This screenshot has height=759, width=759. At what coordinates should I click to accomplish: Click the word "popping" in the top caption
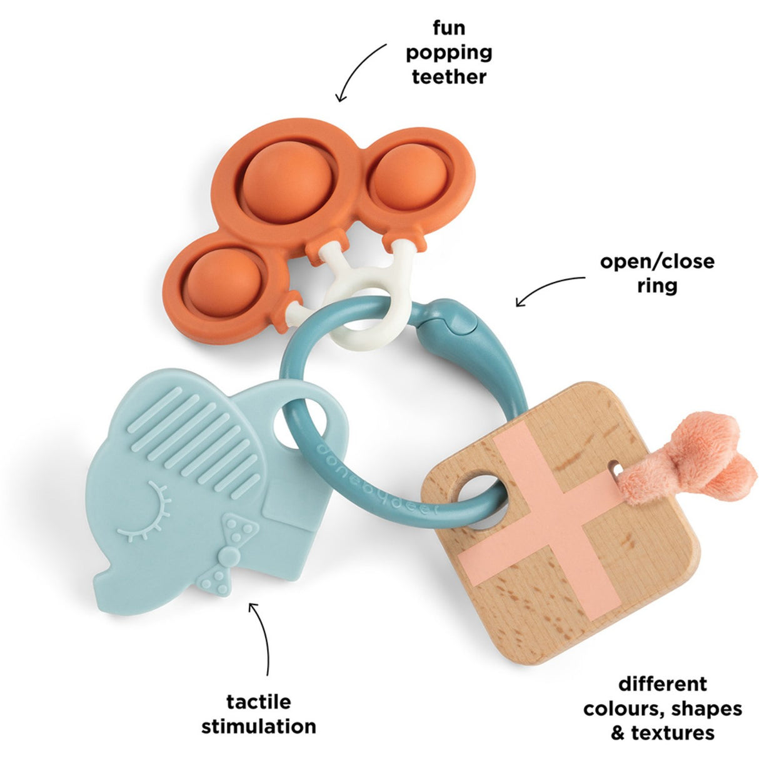pos(449,53)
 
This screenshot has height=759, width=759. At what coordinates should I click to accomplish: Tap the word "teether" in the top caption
pos(449,77)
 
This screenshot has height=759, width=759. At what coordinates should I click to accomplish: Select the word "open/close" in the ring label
pos(657,261)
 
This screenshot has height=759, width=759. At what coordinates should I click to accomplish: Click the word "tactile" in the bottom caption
pos(258,701)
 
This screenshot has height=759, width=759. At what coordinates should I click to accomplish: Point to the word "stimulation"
pos(258,726)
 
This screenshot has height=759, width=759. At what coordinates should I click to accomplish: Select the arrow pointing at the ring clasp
pos(550,290)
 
